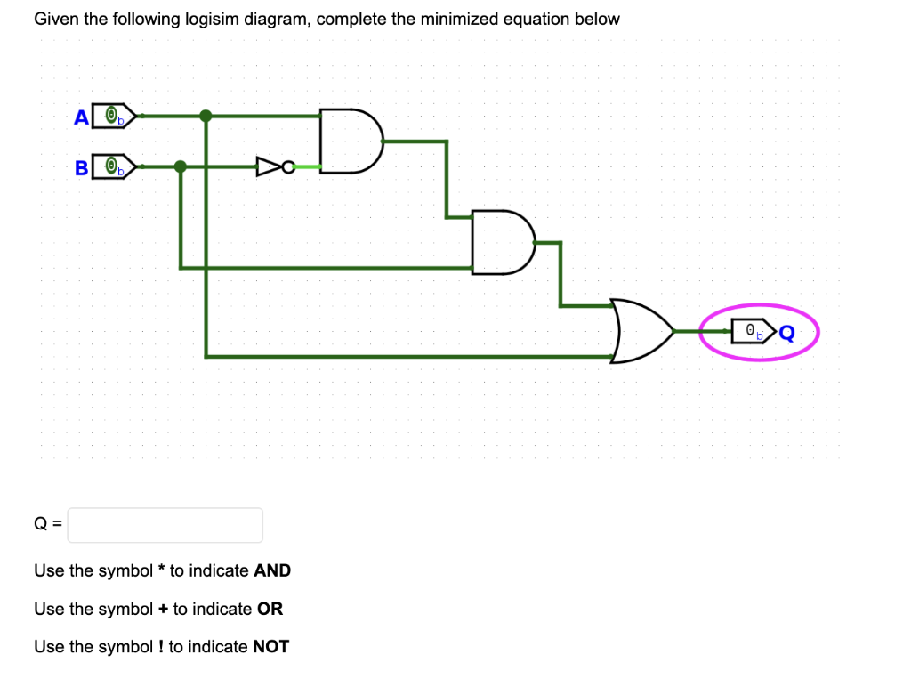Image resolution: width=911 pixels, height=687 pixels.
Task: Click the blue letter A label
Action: [82, 117]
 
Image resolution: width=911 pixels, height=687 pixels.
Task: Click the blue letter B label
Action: [81, 167]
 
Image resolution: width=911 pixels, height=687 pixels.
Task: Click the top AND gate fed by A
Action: [351, 140]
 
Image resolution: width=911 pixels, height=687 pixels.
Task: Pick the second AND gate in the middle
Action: [502, 242]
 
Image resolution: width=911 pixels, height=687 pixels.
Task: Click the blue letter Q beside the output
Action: [786, 333]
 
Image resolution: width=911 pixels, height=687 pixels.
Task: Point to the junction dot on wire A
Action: [206, 116]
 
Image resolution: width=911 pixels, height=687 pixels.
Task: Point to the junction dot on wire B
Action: [181, 166]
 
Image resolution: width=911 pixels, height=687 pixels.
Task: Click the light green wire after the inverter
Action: [308, 166]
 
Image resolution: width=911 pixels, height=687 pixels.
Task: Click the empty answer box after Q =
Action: [165, 525]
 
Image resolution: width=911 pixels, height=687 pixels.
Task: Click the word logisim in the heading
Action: [212, 20]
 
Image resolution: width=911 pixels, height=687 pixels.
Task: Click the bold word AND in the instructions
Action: [272, 570]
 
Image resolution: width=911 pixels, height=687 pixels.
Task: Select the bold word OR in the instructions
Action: [270, 609]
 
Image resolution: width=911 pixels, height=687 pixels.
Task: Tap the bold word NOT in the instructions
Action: [270, 647]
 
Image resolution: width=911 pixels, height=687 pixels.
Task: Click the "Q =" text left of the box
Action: [48, 525]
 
